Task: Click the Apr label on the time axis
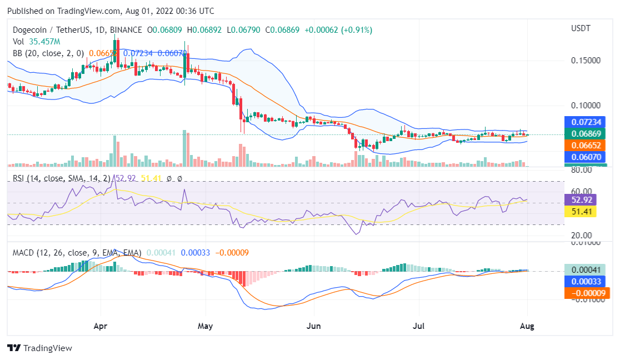click(x=100, y=327)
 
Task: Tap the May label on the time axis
click(x=206, y=327)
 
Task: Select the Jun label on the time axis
click(x=314, y=327)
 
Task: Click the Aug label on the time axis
click(x=527, y=327)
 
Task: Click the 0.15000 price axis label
click(x=586, y=60)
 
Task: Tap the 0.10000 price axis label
click(x=586, y=106)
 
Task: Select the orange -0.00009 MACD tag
click(x=587, y=293)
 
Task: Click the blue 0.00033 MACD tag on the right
click(x=587, y=281)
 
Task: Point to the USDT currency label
click(x=581, y=28)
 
